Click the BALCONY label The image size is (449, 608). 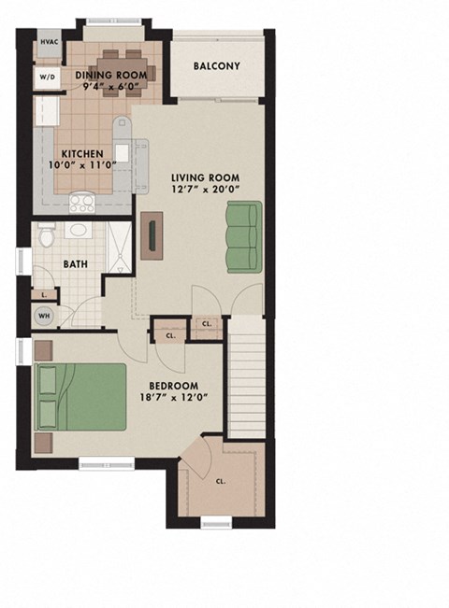point(217,66)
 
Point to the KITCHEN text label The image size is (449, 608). point(81,154)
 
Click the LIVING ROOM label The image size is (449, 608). point(205,177)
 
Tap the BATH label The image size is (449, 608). point(76,263)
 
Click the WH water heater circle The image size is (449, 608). point(44,316)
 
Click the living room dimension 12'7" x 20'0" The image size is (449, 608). point(205,191)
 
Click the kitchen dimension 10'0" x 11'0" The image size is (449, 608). point(81,166)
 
